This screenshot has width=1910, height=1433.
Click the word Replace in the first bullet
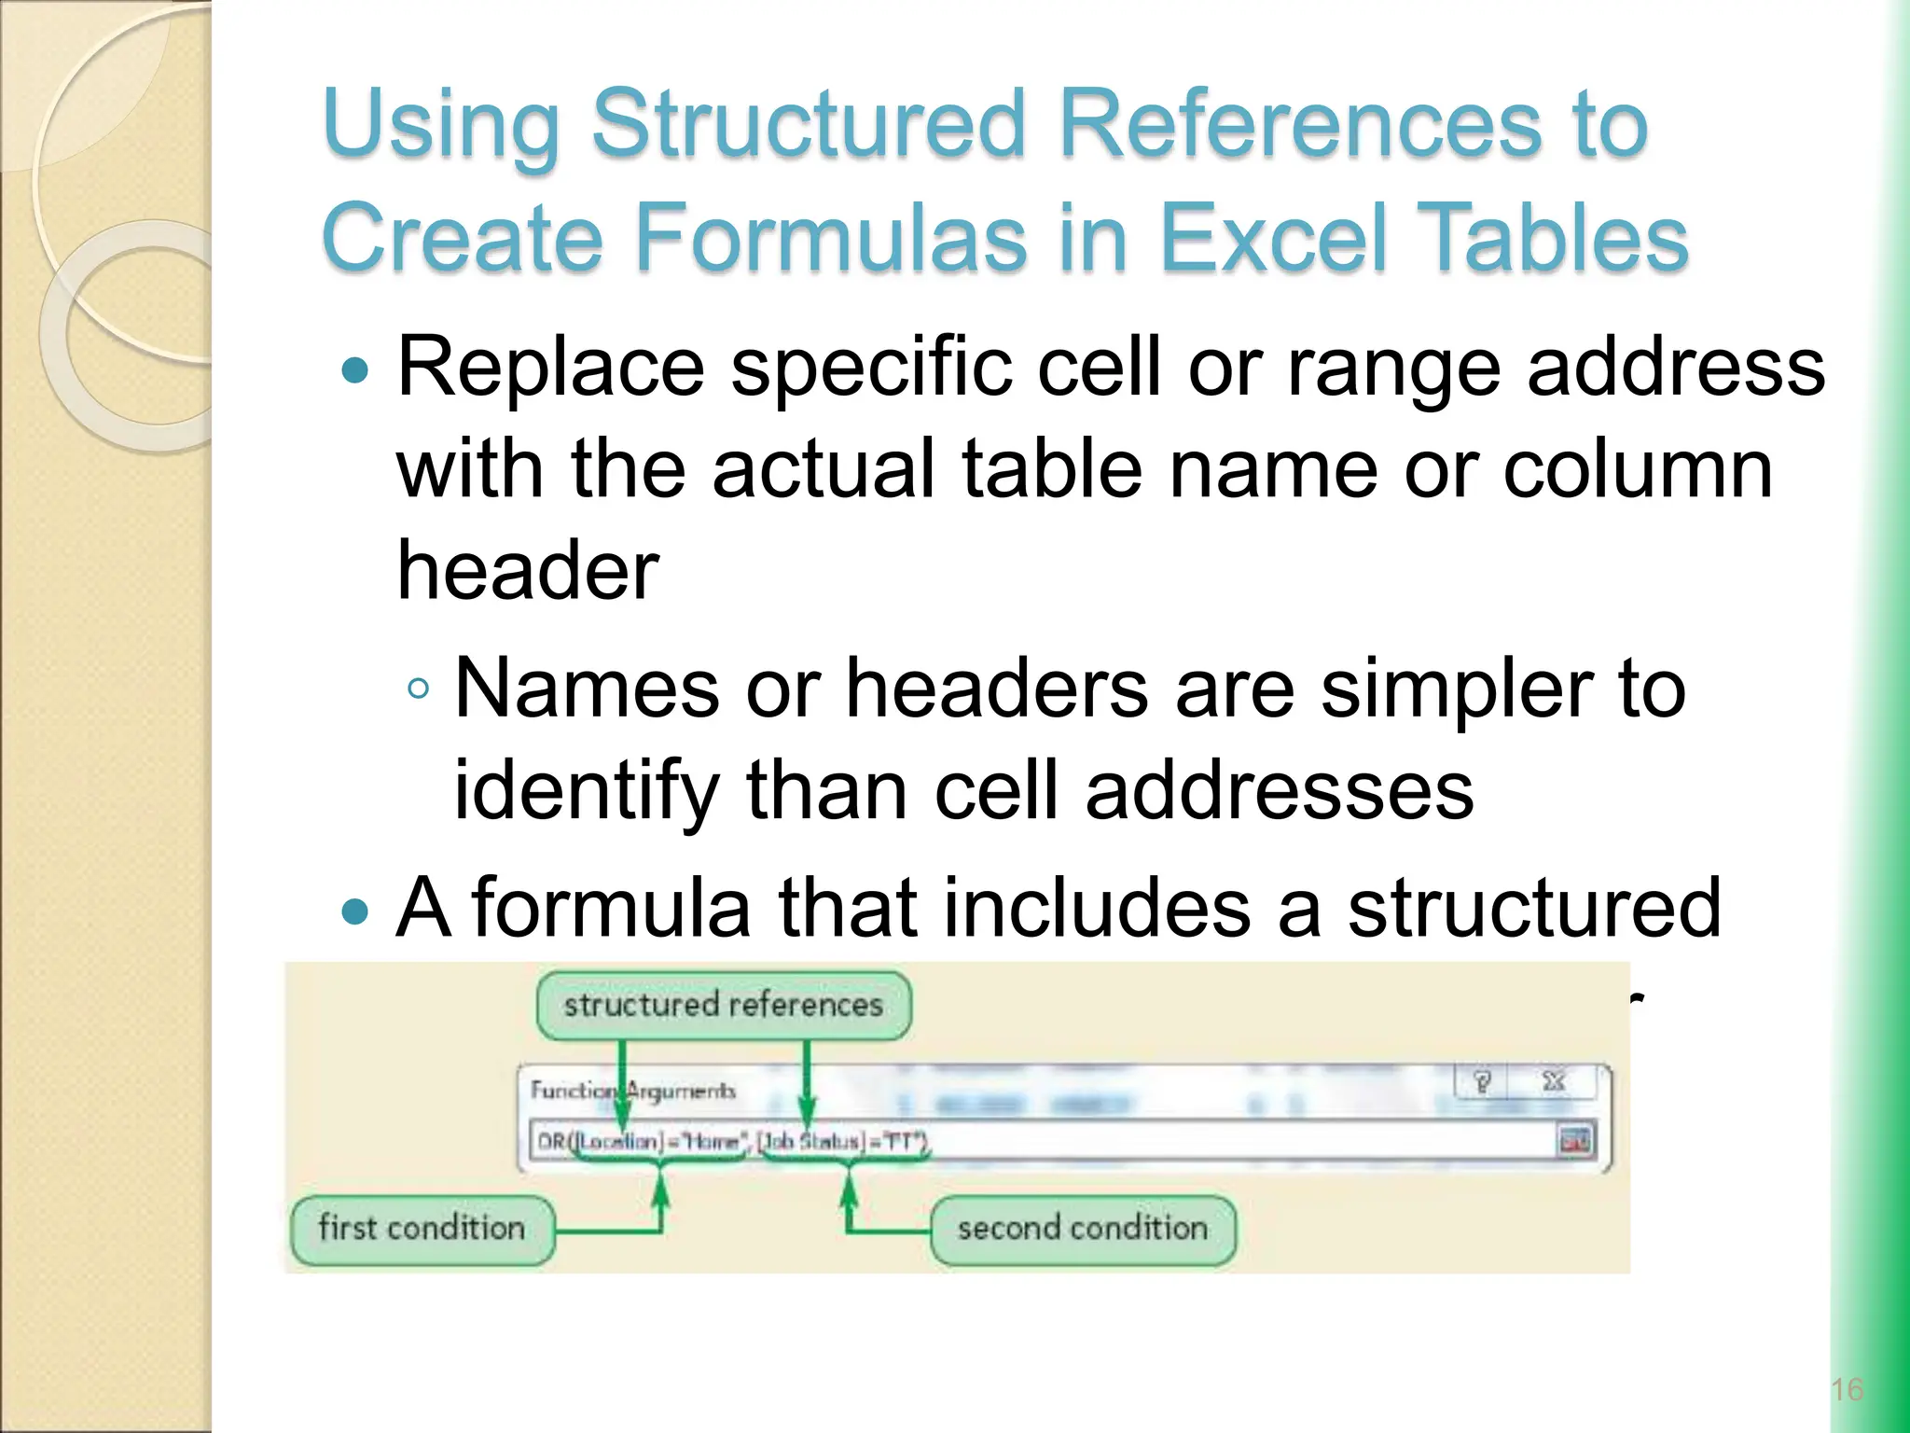click(x=550, y=369)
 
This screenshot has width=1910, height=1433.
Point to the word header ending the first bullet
click(x=528, y=571)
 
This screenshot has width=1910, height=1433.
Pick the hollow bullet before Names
click(x=419, y=689)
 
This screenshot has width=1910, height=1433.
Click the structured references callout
click(x=723, y=1006)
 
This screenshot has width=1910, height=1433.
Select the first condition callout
click(x=422, y=1229)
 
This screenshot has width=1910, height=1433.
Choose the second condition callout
click(x=1082, y=1229)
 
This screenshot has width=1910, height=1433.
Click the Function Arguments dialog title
click(x=633, y=1091)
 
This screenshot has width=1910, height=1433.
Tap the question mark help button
click(x=1483, y=1082)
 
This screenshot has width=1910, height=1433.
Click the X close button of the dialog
click(x=1553, y=1082)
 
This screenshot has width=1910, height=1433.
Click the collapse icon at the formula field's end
click(x=1575, y=1141)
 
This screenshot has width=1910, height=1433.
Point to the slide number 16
click(x=1847, y=1390)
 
